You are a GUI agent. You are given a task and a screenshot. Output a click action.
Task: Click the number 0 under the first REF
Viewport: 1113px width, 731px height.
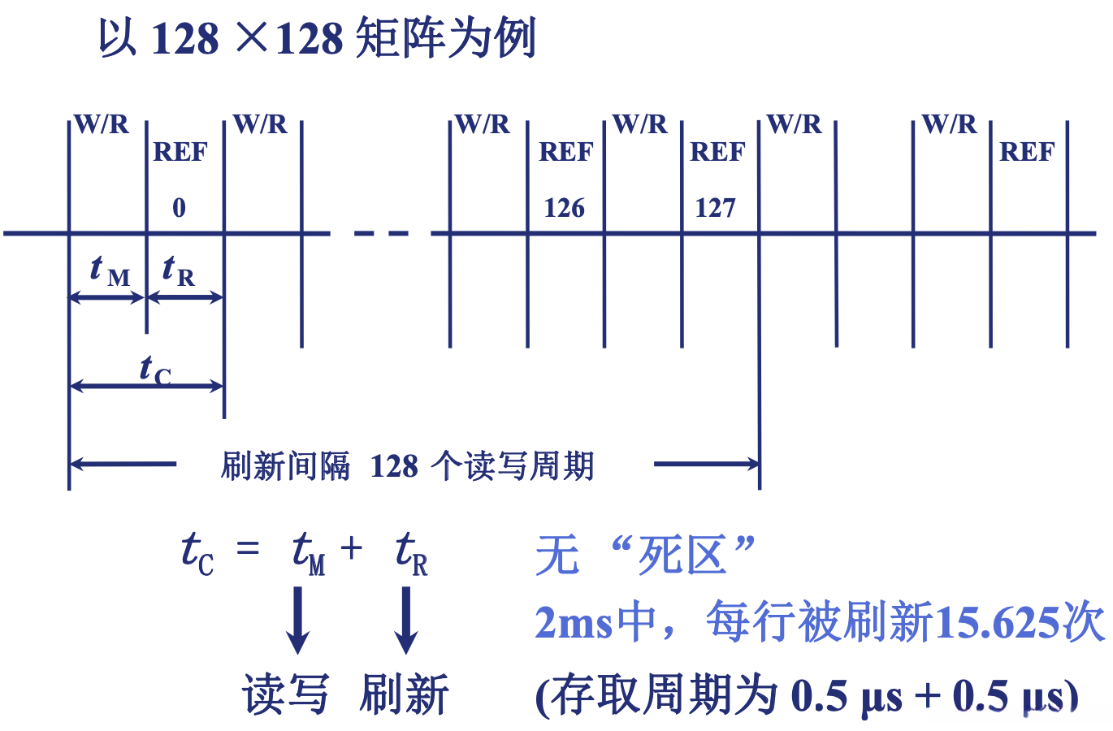tap(179, 208)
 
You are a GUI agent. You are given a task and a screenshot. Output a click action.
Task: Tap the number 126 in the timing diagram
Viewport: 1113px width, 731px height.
tap(564, 208)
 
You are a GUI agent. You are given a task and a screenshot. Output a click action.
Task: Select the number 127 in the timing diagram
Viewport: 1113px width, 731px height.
tap(715, 208)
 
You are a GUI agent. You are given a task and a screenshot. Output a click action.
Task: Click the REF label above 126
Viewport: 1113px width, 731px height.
tap(565, 152)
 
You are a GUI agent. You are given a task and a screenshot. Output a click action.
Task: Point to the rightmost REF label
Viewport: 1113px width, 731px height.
tap(1027, 152)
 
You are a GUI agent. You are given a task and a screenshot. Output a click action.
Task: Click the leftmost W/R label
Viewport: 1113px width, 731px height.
tap(102, 124)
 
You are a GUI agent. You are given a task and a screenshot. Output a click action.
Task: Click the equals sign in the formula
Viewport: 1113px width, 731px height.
tap(248, 550)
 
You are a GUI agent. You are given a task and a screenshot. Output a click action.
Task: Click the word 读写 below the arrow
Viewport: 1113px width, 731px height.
tap(285, 694)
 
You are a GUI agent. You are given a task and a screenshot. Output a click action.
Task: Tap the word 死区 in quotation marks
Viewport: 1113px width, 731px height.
tap(681, 556)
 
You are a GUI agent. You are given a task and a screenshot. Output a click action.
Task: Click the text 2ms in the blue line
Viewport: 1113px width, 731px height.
tap(574, 624)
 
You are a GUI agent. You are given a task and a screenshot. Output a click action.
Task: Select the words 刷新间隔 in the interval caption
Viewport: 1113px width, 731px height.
tap(285, 466)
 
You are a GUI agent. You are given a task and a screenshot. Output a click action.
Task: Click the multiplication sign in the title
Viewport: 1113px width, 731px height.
tap(252, 37)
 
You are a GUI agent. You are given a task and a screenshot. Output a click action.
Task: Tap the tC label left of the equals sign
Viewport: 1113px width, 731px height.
tap(197, 552)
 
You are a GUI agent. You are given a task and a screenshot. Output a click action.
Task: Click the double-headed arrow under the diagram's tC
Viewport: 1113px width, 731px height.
tap(146, 386)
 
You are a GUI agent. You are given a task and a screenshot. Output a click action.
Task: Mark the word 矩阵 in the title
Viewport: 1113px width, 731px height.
tap(401, 37)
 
